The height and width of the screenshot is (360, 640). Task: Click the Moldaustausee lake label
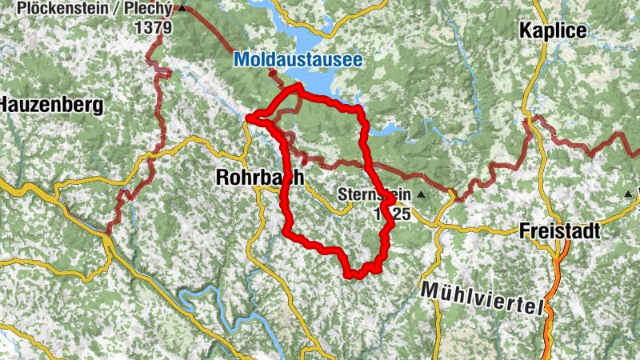tap(298, 59)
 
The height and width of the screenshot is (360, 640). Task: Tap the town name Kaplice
tap(553, 31)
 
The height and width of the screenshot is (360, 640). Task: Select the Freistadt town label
tap(558, 230)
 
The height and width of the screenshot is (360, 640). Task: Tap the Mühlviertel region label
tap(482, 298)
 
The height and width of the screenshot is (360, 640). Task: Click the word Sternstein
tap(374, 194)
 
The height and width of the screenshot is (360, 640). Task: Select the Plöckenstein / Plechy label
tap(94, 9)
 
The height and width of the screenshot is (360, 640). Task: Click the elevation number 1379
tap(154, 26)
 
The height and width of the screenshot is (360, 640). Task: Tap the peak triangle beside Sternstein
tap(421, 194)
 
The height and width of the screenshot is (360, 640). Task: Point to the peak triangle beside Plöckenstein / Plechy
tap(182, 9)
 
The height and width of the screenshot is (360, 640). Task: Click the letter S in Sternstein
tap(342, 194)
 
